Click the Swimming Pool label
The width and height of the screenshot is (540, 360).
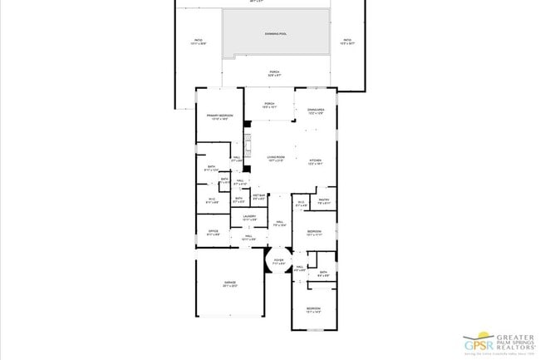pos(276,34)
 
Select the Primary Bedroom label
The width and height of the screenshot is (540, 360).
pos(218,116)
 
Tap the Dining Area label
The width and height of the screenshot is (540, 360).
pos(315,111)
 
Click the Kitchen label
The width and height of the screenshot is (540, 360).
pos(315,161)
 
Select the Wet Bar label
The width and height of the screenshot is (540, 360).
pos(258,198)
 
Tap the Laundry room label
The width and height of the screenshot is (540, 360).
pos(248,218)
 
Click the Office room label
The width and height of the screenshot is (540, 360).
pos(214,233)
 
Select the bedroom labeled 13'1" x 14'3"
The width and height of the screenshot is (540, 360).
pos(313,309)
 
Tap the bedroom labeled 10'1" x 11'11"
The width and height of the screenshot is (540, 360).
pos(314,233)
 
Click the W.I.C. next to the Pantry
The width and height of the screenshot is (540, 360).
pos(301,204)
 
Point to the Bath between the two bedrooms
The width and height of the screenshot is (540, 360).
pos(323,273)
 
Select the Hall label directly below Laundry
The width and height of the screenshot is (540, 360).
pos(248,238)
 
